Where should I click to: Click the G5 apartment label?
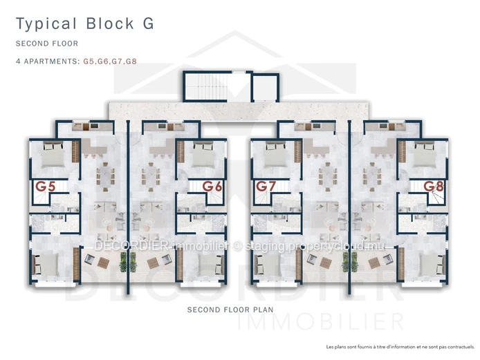click(x=46, y=187)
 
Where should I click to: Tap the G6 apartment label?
click(x=212, y=187)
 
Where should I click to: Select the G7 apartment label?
click(x=266, y=187)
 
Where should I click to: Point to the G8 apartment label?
click(x=434, y=187)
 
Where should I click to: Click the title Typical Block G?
click(x=85, y=24)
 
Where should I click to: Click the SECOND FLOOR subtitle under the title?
click(x=47, y=44)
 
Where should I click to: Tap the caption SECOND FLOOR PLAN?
click(x=230, y=310)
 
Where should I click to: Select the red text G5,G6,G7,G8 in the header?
click(x=110, y=61)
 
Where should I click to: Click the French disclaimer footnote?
click(x=400, y=347)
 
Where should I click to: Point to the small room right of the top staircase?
click(x=265, y=86)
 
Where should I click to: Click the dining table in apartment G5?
click(x=105, y=177)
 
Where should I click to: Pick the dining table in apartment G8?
click(x=371, y=177)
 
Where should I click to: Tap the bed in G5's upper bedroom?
click(x=53, y=155)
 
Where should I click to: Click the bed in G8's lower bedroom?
click(x=432, y=265)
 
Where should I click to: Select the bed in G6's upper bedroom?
click(x=203, y=155)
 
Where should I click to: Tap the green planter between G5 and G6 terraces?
click(x=128, y=262)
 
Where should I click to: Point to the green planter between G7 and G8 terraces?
click(x=350, y=262)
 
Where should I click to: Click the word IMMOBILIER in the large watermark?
click(x=320, y=322)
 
